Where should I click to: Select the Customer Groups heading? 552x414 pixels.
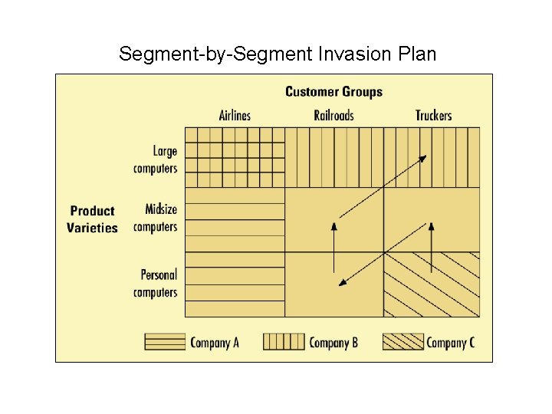[x=333, y=92]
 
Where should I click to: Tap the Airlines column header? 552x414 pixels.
[x=235, y=116]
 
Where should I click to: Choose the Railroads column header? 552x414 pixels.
[x=333, y=116]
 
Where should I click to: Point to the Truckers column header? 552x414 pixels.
[x=433, y=116]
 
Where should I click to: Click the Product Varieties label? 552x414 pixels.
[x=92, y=219]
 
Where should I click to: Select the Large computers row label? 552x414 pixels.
[x=156, y=159]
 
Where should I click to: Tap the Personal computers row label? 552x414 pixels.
[x=156, y=283]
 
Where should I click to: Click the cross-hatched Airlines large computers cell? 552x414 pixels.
[x=235, y=157]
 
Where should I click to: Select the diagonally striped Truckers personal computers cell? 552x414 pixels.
[x=432, y=284]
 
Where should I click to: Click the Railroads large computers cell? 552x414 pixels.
[x=333, y=157]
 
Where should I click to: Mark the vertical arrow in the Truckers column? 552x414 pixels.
[x=432, y=247]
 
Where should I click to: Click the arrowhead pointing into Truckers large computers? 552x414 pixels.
[x=422, y=158]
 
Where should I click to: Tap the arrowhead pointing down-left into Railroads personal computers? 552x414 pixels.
[x=343, y=283]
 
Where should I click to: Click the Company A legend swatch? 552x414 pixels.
[x=165, y=342]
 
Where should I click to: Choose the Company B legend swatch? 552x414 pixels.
[x=283, y=342]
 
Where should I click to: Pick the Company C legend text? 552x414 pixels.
[x=450, y=343]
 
